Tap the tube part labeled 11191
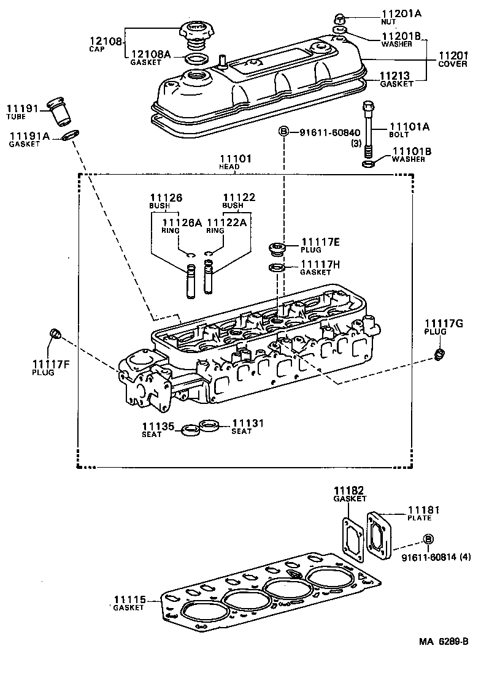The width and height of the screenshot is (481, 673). click(61, 110)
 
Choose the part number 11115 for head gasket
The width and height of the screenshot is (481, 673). click(128, 599)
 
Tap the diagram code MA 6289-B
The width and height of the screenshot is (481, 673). click(444, 642)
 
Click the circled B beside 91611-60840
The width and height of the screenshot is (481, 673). click(284, 132)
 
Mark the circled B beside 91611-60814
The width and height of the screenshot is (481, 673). click(428, 539)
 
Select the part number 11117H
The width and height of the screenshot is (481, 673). click(320, 264)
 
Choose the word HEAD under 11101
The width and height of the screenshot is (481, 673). click(229, 167)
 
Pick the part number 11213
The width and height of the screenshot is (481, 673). click(396, 76)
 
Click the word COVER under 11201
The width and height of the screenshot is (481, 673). click(453, 64)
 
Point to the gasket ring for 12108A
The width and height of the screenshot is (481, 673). click(196, 59)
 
